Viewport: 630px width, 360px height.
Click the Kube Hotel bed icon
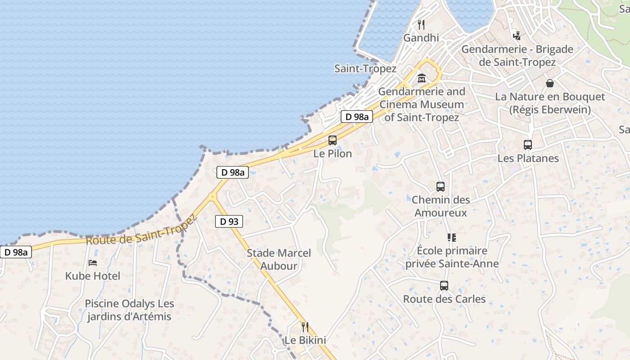click(93, 262)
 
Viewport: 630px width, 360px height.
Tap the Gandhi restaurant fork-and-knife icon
click(421, 24)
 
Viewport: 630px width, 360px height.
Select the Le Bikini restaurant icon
click(305, 327)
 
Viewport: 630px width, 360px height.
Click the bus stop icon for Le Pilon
click(333, 140)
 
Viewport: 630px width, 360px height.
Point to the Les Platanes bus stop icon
click(528, 145)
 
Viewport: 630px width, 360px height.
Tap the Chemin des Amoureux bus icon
click(441, 186)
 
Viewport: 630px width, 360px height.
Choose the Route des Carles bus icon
click(444, 285)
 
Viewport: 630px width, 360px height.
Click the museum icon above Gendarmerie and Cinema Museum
click(422, 78)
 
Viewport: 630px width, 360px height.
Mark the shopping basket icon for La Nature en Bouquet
click(550, 83)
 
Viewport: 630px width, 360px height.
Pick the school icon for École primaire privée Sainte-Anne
click(451, 237)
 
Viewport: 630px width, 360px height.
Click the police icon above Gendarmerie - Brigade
click(517, 36)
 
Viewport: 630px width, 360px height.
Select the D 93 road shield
click(229, 221)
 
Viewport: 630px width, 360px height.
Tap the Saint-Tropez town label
click(365, 69)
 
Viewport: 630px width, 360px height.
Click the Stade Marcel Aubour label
click(279, 260)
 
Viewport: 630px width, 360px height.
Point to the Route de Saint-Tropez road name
click(141, 230)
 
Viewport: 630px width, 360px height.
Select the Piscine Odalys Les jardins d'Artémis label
click(129, 310)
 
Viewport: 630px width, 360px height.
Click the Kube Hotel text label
click(93, 276)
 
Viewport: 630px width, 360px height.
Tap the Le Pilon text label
click(333, 153)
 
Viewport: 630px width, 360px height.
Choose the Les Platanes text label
click(528, 158)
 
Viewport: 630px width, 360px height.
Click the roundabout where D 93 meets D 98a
click(211, 196)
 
